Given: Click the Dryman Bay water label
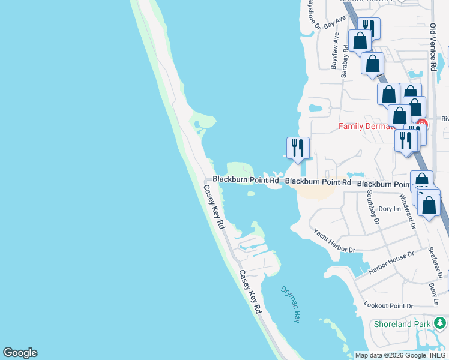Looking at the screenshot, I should pyautogui.click(x=289, y=304).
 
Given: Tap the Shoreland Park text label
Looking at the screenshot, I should pyautogui.click(x=402, y=324).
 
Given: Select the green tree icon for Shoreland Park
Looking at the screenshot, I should pyautogui.click(x=440, y=324).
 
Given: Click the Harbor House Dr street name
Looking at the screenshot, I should pyautogui.click(x=391, y=263).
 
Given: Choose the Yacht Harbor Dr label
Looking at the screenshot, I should pyautogui.click(x=334, y=241).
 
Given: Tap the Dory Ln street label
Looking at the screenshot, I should pyautogui.click(x=390, y=209).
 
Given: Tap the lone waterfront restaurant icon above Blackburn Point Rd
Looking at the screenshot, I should pyautogui.click(x=298, y=148).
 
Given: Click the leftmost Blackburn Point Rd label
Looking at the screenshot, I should pyautogui.click(x=246, y=180).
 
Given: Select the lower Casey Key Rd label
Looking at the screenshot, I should pyautogui.click(x=250, y=292).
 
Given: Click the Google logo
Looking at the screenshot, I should pyautogui.click(x=20, y=353).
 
